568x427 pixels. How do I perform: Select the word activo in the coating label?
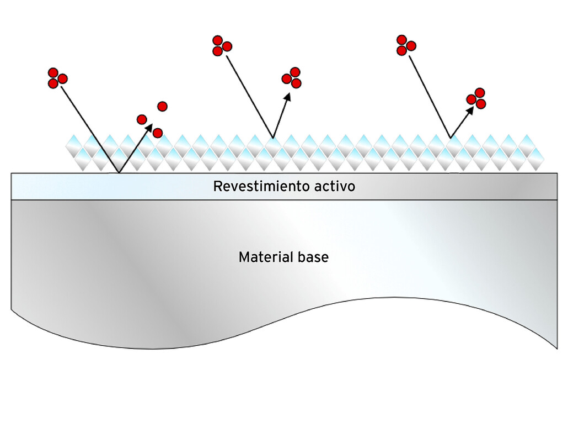pyautogui.click(x=335, y=187)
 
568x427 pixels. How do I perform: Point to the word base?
pyautogui.click(x=313, y=257)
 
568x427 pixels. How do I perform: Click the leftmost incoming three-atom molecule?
pyautogui.click(x=57, y=78)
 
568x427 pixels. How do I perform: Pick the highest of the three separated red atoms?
pyautogui.click(x=162, y=106)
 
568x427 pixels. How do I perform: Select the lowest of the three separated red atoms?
pyautogui.click(x=158, y=133)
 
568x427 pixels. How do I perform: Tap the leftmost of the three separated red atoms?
pyautogui.click(x=142, y=119)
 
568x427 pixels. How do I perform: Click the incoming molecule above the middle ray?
pyautogui.click(x=221, y=46)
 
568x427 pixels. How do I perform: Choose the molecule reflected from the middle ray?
pyautogui.click(x=292, y=78)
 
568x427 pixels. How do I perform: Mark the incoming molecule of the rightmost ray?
pyautogui.click(x=405, y=45)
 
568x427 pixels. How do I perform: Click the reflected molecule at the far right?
pyautogui.click(x=476, y=98)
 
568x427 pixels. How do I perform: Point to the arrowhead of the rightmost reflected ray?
pyautogui.click(x=470, y=110)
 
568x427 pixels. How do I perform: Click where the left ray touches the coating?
pyautogui.click(x=119, y=172)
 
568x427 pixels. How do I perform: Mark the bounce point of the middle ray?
pyautogui.click(x=272, y=138)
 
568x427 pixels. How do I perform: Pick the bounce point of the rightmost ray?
pyautogui.click(x=451, y=138)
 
